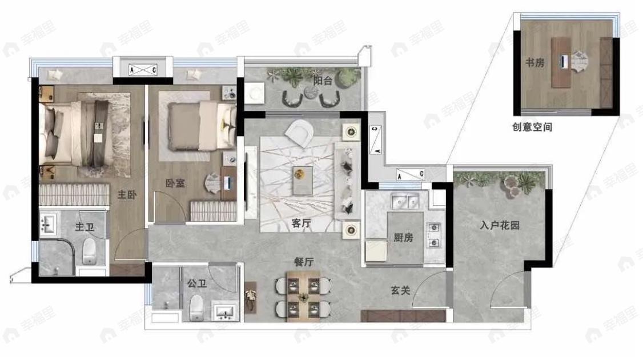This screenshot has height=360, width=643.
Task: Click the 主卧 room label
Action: (x=127, y=195)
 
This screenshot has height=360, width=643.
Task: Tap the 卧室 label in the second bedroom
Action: (x=175, y=183)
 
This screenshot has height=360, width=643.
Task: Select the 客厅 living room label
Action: (x=302, y=223)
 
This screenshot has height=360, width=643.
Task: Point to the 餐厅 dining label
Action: (x=303, y=262)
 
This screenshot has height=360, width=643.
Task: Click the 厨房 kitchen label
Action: (x=403, y=237)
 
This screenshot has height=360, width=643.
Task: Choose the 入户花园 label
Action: (x=500, y=225)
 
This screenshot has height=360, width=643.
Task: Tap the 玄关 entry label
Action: (x=400, y=291)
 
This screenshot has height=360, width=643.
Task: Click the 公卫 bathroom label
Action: (x=197, y=283)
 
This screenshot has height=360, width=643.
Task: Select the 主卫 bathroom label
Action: (x=85, y=227)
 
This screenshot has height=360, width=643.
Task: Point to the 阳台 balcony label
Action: (x=323, y=81)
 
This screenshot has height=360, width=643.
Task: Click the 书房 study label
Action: (x=535, y=62)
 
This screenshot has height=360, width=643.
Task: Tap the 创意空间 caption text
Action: (x=532, y=127)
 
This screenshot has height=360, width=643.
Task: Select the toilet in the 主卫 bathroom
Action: (x=90, y=251)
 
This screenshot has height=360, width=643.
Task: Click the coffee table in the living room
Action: (x=303, y=181)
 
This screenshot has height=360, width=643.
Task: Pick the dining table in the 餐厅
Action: (x=303, y=297)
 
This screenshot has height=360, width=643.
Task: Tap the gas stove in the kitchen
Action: (x=434, y=235)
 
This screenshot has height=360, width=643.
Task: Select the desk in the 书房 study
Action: (x=561, y=62)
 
